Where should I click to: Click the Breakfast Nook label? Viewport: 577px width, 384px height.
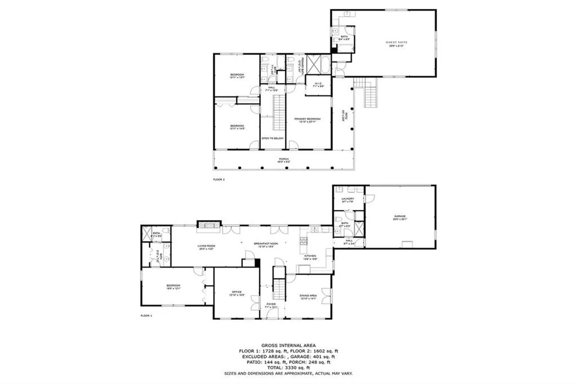point(263,243)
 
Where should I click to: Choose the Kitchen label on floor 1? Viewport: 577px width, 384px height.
point(310,256)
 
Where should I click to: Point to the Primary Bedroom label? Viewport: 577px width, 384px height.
point(307,119)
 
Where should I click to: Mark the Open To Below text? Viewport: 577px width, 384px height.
point(272,138)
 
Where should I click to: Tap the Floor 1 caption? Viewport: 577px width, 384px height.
point(147,316)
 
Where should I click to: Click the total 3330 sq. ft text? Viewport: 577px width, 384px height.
point(288,367)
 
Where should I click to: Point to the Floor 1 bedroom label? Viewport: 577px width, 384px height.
point(173,287)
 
